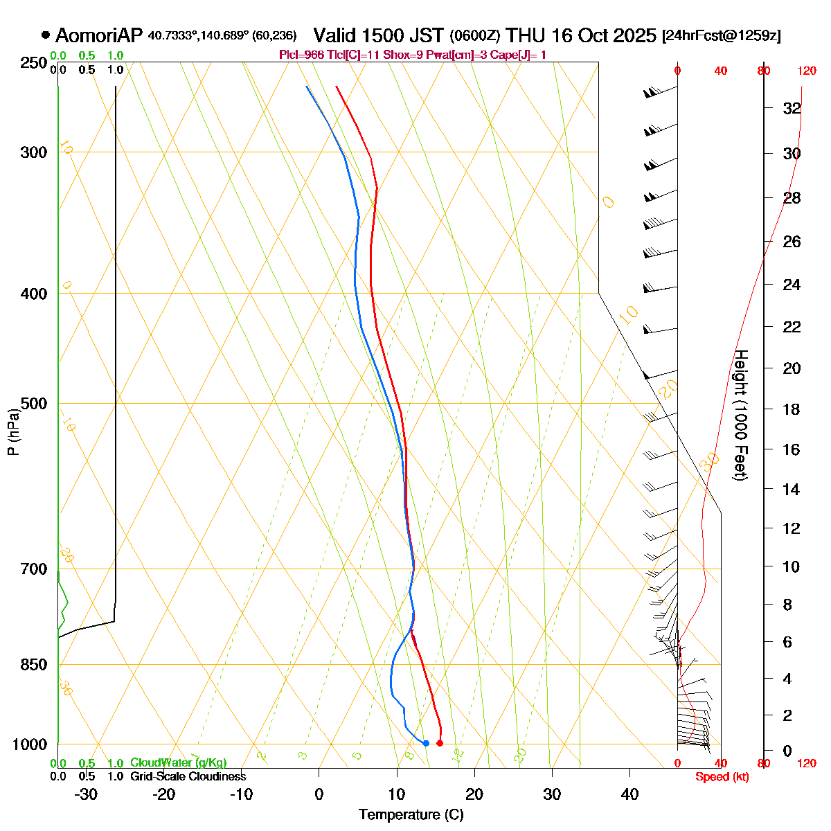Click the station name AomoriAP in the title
(98, 35)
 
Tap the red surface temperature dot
(440, 743)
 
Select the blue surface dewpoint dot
(426, 743)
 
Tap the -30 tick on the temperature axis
(85, 794)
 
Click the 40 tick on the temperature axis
(629, 794)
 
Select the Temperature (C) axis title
(411, 814)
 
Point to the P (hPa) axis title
(13, 431)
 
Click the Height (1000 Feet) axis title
(740, 415)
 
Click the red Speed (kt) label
(722, 777)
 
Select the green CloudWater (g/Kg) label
(178, 763)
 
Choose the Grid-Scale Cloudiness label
(188, 777)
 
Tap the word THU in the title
(524, 35)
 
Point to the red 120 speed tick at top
(806, 71)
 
